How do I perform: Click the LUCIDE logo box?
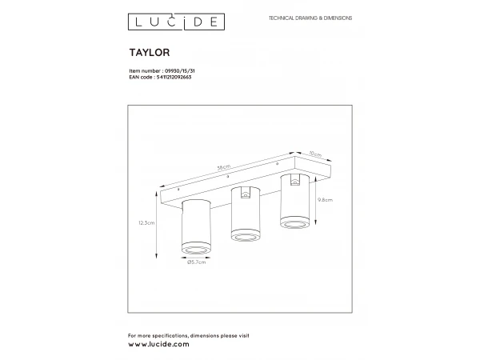176,22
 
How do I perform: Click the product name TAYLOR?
150,52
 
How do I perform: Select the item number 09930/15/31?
180,70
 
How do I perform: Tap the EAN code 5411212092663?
174,77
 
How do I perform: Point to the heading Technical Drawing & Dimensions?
310,18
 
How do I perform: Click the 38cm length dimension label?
224,167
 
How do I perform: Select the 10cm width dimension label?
315,154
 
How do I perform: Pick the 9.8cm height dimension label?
325,200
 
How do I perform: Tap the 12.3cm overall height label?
146,223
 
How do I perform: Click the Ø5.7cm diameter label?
196,262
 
